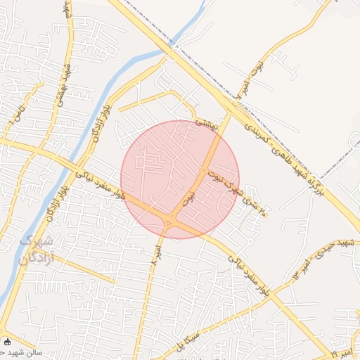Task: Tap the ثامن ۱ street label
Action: coord(14,112)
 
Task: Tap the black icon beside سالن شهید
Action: coord(7,342)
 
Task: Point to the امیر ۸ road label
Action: coord(155,254)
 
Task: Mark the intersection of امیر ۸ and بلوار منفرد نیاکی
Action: coord(169,222)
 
